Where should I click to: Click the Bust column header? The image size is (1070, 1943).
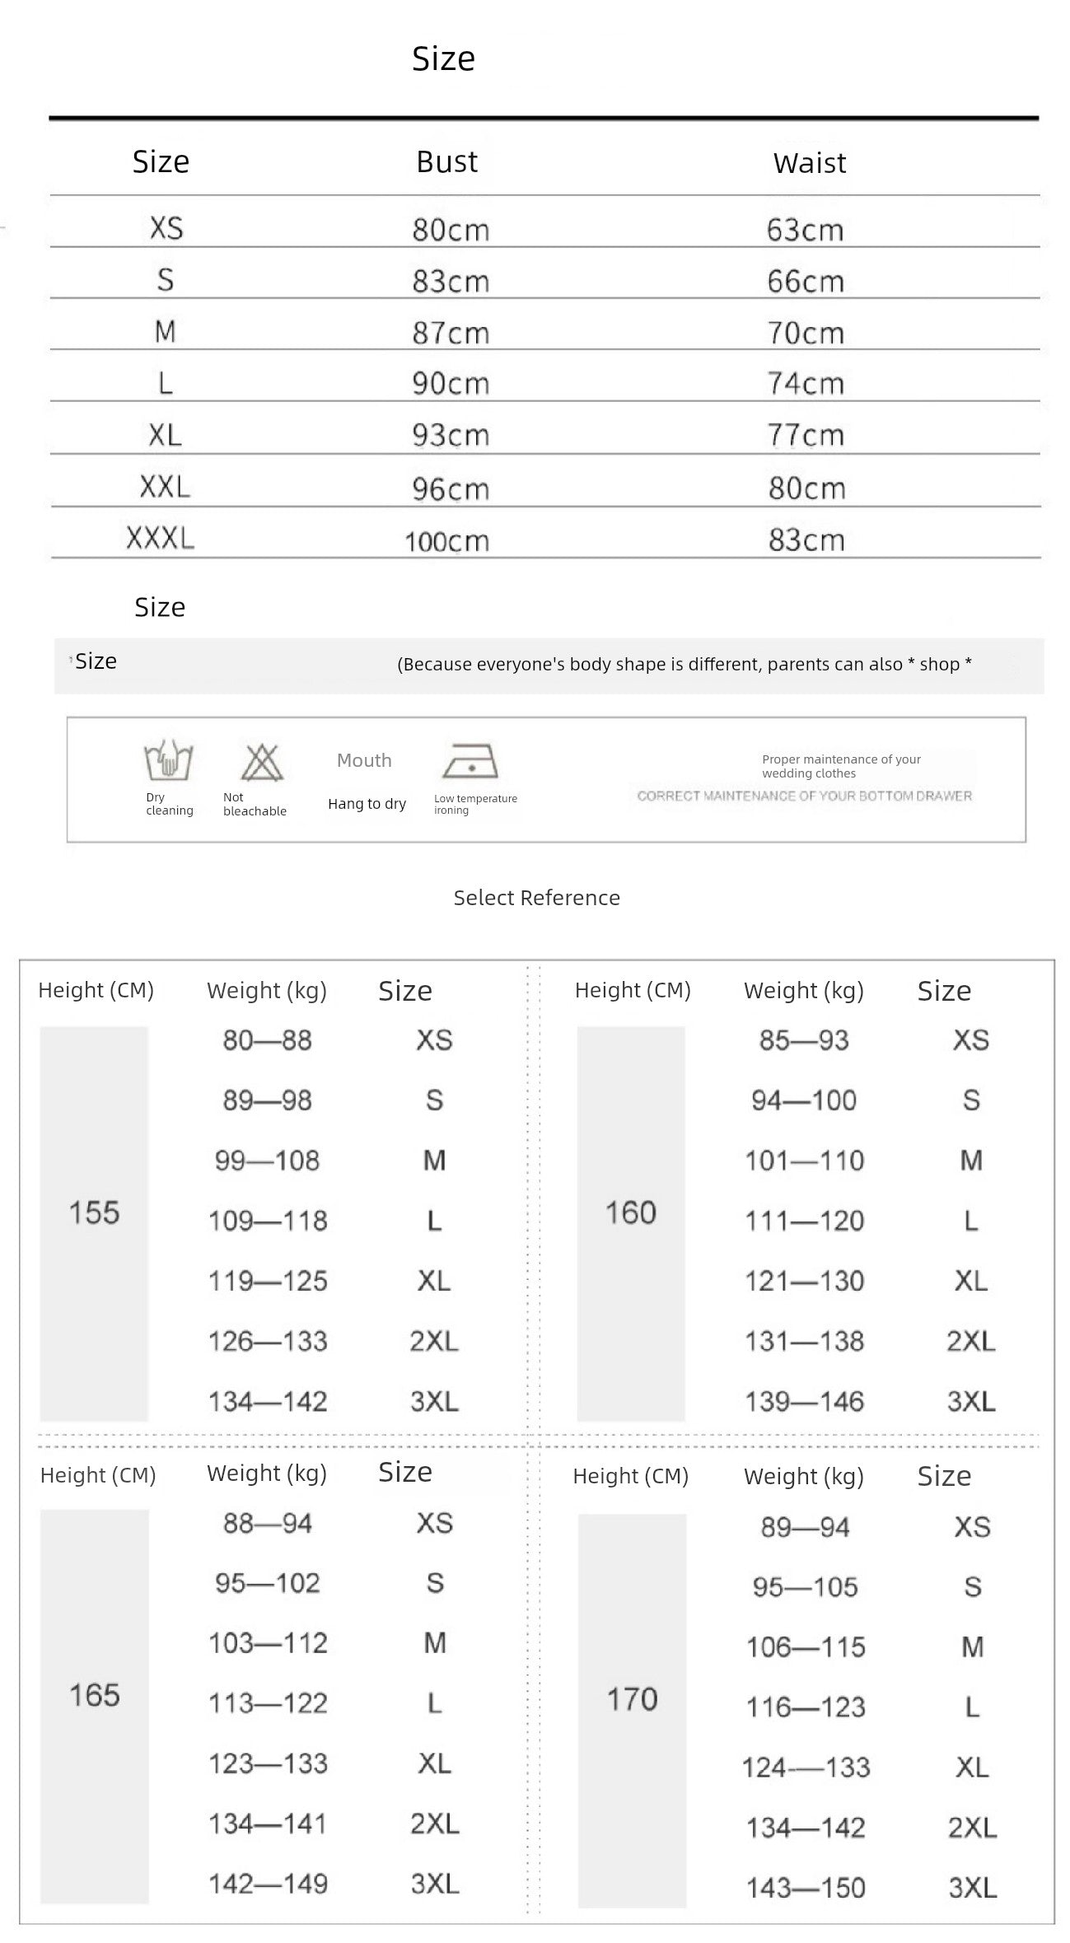coord(446,161)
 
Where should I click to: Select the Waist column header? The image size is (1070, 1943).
coord(809,163)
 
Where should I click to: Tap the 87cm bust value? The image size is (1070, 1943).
coord(451,333)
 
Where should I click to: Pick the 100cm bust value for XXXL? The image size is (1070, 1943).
coord(446,541)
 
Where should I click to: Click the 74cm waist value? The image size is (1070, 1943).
coord(806,384)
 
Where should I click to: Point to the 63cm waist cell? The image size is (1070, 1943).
coord(805,230)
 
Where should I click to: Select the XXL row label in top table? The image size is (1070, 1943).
coord(165,487)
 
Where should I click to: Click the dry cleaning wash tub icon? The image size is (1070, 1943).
coord(169,760)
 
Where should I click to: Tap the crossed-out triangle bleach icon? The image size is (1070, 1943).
coord(261,762)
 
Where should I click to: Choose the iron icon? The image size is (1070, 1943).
coord(470,762)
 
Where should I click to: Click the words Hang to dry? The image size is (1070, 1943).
coord(367,804)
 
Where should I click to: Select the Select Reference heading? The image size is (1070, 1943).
coord(536,898)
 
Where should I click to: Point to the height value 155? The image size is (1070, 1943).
coord(94,1212)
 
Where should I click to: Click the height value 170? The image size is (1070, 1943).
coord(632,1698)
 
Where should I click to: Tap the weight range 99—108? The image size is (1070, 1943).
coord(267,1161)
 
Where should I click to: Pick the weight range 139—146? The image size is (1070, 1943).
coord(804,1401)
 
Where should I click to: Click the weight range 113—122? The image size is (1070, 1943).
coord(268,1702)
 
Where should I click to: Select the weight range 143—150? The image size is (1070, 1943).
coord(806,1887)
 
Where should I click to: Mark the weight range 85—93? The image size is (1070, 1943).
coord(804,1040)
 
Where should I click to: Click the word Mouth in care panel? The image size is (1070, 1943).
coord(364,760)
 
